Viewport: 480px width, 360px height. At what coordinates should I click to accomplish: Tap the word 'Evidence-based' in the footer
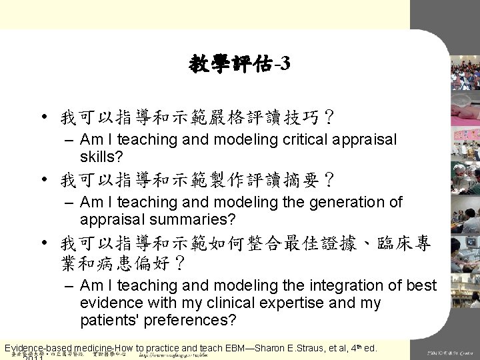pyautogui.click(x=41, y=347)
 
